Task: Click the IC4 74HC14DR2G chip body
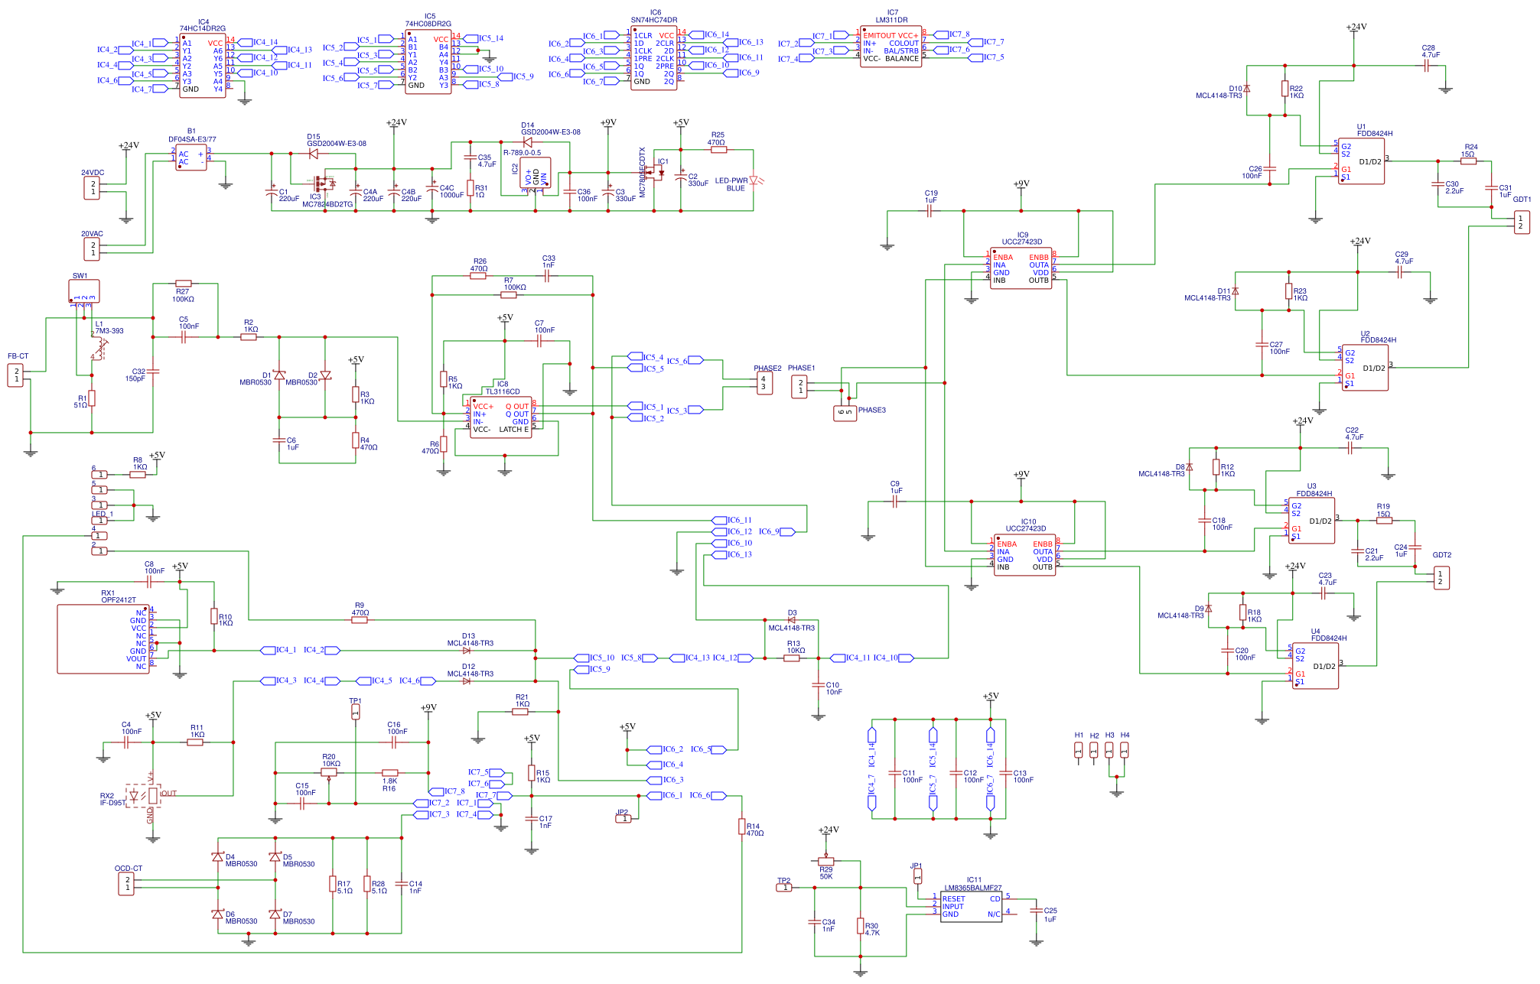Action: (x=203, y=66)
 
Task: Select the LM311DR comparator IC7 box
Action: (x=890, y=47)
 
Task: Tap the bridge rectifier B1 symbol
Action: (x=190, y=158)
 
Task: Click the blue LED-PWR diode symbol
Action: (x=754, y=180)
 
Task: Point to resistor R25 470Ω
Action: (x=718, y=150)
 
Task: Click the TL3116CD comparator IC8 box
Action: (x=501, y=417)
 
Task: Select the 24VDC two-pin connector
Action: (x=92, y=188)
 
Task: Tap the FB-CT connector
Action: (x=15, y=375)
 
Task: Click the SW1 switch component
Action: (x=83, y=291)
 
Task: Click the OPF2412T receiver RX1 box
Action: (x=103, y=639)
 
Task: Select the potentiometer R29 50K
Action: (x=825, y=861)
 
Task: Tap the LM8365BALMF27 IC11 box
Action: (x=971, y=907)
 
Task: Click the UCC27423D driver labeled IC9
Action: (x=1021, y=268)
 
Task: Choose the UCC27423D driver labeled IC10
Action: (x=1024, y=555)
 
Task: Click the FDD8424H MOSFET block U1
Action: (x=1361, y=161)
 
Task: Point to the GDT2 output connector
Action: (x=1441, y=578)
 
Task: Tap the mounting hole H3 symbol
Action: (x=1109, y=750)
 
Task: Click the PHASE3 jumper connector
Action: (x=845, y=413)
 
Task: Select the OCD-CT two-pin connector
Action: (x=126, y=884)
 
